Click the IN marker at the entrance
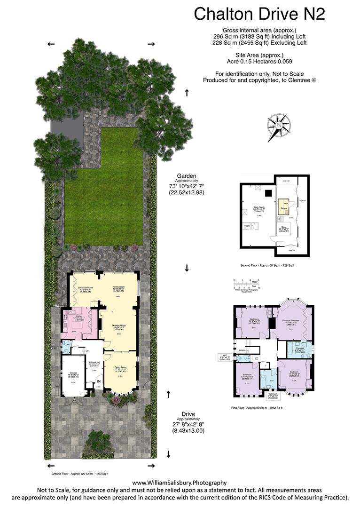click(x=99, y=381)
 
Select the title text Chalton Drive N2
click(x=259, y=14)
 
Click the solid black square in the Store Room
click(x=267, y=192)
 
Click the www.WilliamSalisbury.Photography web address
click(x=179, y=483)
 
